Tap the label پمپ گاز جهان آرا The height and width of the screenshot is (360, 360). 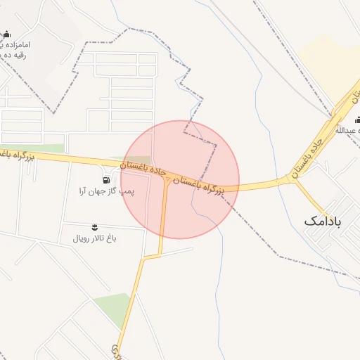(x=108, y=191)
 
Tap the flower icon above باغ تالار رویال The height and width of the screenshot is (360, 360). (x=95, y=226)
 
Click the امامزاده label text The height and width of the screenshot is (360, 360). (x=21, y=45)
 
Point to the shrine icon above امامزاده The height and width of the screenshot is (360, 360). (x=7, y=34)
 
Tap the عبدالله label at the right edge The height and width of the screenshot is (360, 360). (x=347, y=131)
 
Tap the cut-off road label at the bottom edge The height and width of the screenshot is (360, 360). (x=116, y=350)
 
